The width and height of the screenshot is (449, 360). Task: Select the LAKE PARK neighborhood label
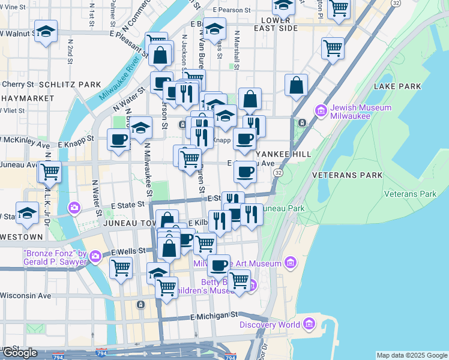click(x=397, y=87)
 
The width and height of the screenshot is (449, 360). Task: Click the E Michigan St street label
click(x=214, y=316)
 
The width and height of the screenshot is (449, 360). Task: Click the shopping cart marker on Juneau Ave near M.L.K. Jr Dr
click(x=50, y=172)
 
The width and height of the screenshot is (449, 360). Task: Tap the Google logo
click(x=19, y=353)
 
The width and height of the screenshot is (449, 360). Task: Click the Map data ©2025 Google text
click(x=411, y=355)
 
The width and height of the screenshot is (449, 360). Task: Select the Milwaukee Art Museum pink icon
click(x=291, y=263)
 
